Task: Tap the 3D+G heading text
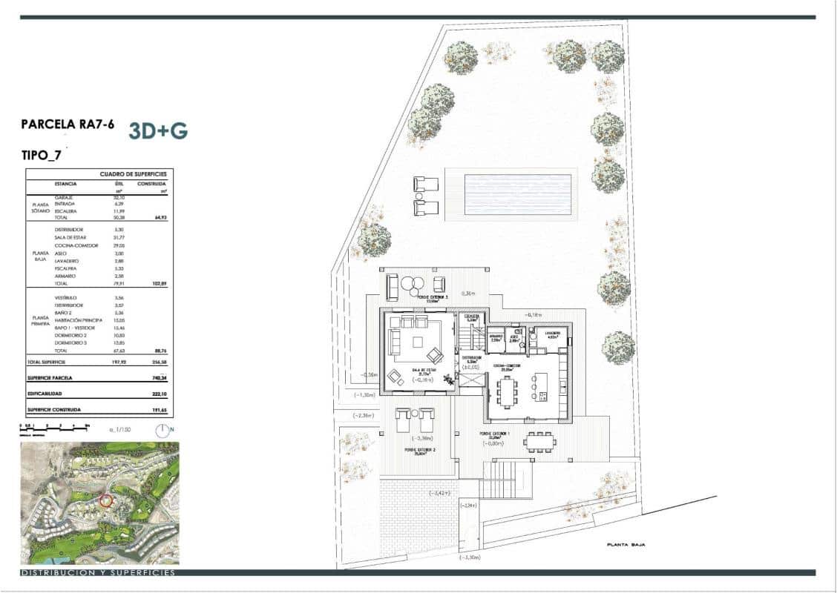pyautogui.click(x=158, y=130)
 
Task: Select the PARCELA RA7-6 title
pyautogui.click(x=68, y=125)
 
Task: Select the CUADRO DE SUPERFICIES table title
pyautogui.click(x=134, y=174)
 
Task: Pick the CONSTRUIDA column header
pyautogui.click(x=152, y=183)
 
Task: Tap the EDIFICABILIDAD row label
pyautogui.click(x=47, y=393)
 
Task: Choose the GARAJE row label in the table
pyautogui.click(x=63, y=197)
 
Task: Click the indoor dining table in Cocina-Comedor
pyautogui.click(x=507, y=391)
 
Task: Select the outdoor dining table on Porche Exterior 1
pyautogui.click(x=539, y=443)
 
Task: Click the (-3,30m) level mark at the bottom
pyautogui.click(x=470, y=557)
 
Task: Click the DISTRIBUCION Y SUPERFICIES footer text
pyautogui.click(x=98, y=573)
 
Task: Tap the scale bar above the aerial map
pyautogui.click(x=55, y=428)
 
